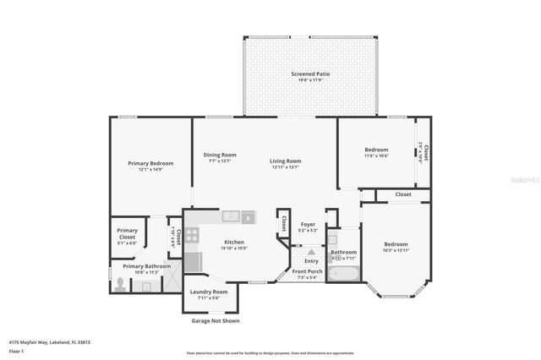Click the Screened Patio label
310,74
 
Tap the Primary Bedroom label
150,163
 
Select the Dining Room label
220,155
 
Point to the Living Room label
286,161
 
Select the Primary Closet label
127,233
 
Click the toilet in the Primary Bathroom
119,285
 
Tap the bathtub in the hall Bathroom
344,274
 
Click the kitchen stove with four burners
192,235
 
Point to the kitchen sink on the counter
231,217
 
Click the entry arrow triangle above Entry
311,253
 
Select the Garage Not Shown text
210,321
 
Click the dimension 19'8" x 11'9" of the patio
310,81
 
